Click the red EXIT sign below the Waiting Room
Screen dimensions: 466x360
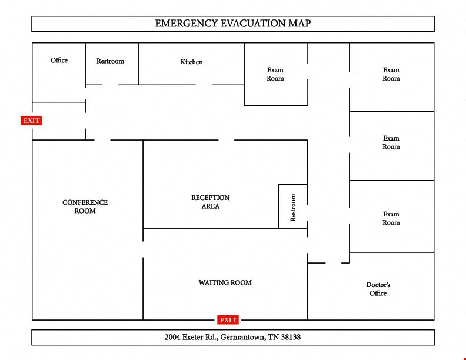coord(228,320)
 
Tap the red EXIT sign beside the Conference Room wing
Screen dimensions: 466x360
coord(32,121)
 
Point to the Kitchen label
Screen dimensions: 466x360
coord(192,62)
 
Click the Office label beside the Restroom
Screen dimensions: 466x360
coord(59,61)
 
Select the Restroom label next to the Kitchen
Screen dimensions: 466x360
coord(110,61)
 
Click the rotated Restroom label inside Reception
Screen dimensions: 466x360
coord(293,208)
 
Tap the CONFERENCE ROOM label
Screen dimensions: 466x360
coord(85,206)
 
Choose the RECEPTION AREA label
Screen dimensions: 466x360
coord(211,202)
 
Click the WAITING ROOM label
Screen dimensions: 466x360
coord(225,283)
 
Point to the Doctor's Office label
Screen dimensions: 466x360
coord(378,289)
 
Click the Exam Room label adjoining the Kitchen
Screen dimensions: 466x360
coord(275,74)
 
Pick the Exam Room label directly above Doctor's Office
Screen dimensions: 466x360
coord(391,218)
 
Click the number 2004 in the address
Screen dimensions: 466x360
coord(172,337)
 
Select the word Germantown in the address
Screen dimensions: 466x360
coord(243,337)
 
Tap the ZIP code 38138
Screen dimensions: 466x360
coord(291,337)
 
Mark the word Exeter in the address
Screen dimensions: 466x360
coord(192,337)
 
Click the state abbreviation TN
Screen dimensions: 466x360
coord(273,337)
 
